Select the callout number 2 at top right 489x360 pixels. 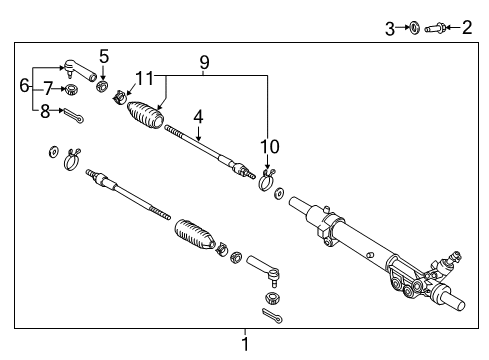tap(465, 28)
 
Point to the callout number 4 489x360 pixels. tap(199, 117)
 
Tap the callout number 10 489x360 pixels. tap(269, 147)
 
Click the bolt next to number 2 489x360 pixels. tap(436, 29)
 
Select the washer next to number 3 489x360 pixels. tap(413, 29)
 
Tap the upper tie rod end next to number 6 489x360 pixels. tap(79, 70)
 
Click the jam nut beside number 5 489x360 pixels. tap(104, 86)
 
